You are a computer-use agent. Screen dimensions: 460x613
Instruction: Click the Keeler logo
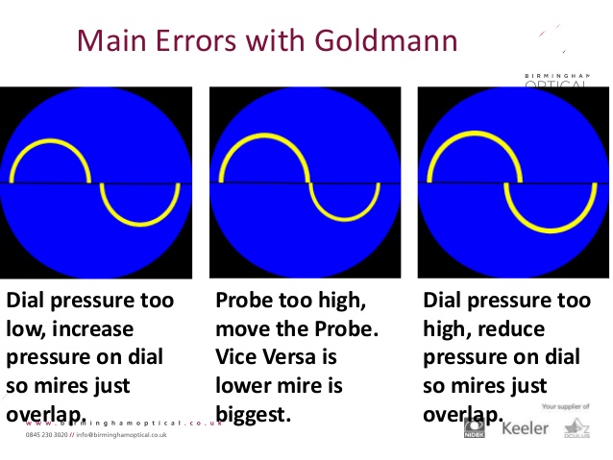coord(526,426)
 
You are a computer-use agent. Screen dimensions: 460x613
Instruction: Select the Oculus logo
coord(576,428)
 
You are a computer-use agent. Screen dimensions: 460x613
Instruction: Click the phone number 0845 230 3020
coord(47,435)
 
